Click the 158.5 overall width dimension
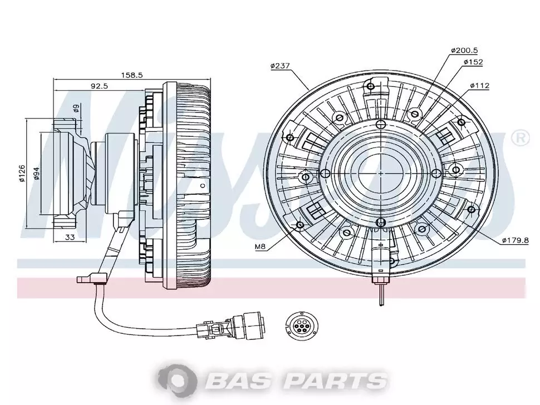(x=131, y=75)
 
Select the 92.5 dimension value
(x=99, y=86)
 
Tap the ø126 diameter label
(x=22, y=174)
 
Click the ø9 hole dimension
(x=76, y=108)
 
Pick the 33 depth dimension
(x=70, y=237)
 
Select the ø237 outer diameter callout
(x=280, y=66)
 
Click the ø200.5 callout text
(x=464, y=51)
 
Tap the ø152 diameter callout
(x=473, y=62)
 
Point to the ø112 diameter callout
(x=480, y=86)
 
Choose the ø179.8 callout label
(x=515, y=240)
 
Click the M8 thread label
(x=261, y=246)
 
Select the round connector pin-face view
(x=299, y=324)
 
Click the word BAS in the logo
(x=237, y=381)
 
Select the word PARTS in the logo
(x=335, y=381)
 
